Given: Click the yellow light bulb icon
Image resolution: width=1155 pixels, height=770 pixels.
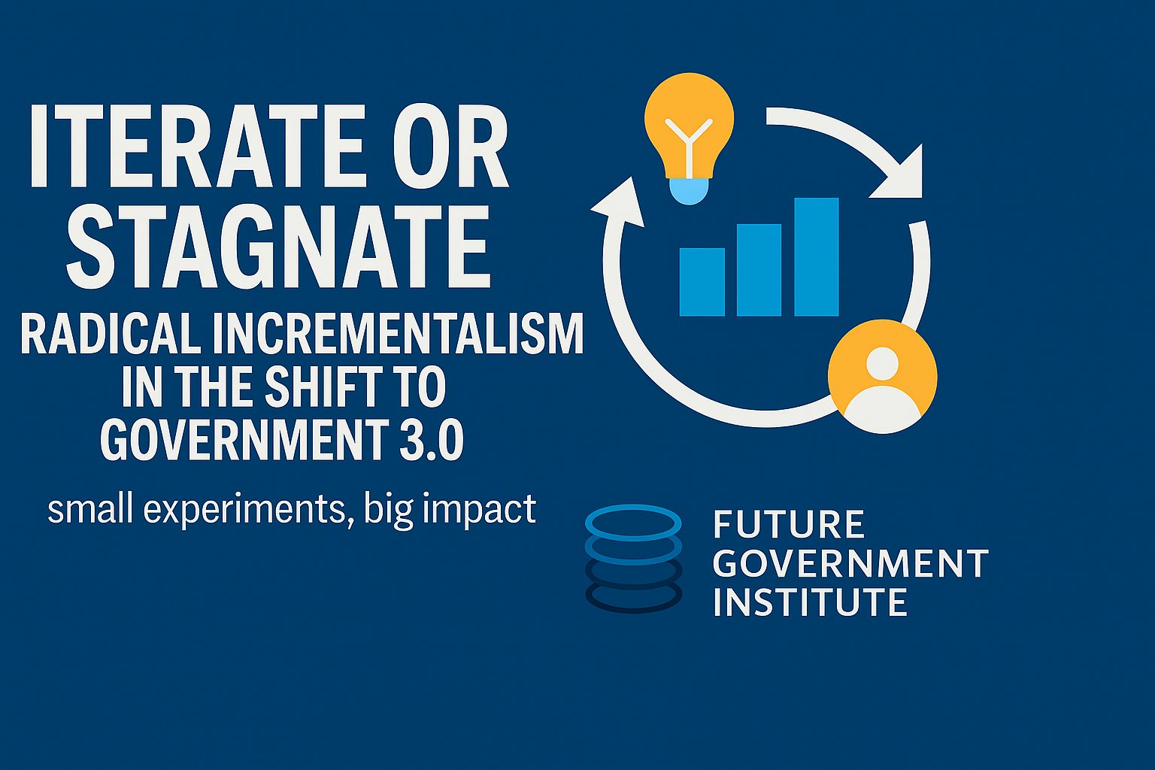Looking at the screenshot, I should [x=689, y=128].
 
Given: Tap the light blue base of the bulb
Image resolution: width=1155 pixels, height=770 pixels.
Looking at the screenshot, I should [x=689, y=190].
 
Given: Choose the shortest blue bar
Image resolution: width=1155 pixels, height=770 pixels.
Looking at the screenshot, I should [x=702, y=282].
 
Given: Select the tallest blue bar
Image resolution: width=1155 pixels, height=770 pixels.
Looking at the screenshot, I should [x=817, y=257].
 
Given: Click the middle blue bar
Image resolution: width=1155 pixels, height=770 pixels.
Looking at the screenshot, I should [x=759, y=270].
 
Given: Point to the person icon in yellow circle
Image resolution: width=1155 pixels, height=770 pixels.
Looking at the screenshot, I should [x=882, y=377].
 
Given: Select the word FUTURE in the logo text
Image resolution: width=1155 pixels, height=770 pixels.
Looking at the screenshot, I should [x=788, y=524].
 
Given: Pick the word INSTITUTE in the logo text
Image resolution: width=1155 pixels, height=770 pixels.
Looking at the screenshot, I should [x=810, y=602].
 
